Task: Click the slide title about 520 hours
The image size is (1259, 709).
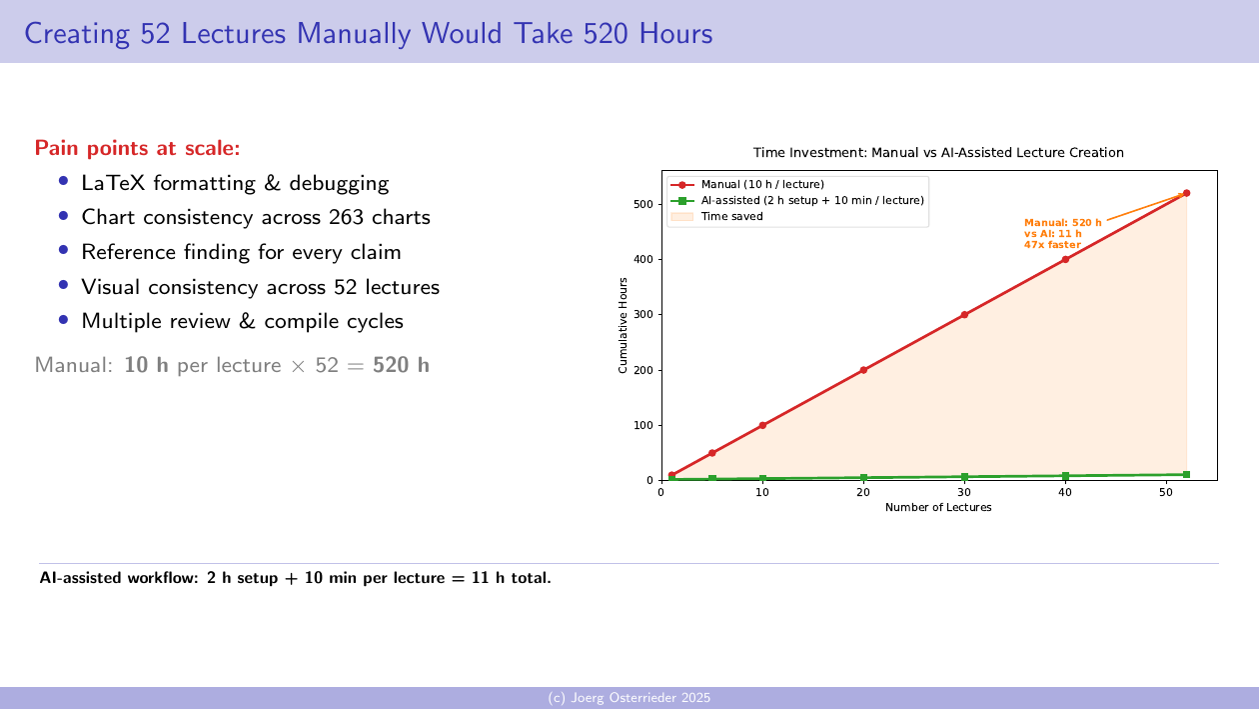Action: pyautogui.click(x=368, y=33)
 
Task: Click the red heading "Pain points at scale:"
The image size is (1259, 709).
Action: pyautogui.click(x=137, y=149)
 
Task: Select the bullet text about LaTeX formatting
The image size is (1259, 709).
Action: pyautogui.click(x=235, y=184)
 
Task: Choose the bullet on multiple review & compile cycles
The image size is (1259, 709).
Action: pyautogui.click(x=242, y=321)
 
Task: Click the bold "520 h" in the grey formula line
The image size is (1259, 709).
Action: pyautogui.click(x=401, y=365)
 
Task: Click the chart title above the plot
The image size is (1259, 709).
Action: pyautogui.click(x=938, y=153)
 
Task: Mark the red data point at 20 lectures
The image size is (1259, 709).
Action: pyautogui.click(x=863, y=370)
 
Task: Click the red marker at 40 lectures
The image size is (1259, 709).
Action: pyautogui.click(x=1065, y=259)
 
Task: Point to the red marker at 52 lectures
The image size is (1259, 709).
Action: pyautogui.click(x=1186, y=193)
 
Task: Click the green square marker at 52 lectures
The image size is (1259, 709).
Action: pyautogui.click(x=1186, y=474)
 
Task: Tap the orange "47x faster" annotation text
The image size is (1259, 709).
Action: pyautogui.click(x=1052, y=244)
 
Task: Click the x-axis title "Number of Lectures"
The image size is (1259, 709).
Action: pyautogui.click(x=938, y=508)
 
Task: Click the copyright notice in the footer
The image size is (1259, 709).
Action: pyautogui.click(x=629, y=698)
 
